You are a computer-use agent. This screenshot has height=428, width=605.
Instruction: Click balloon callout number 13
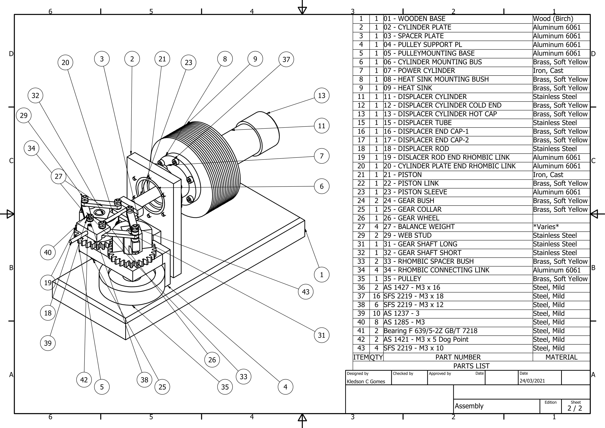[321, 96]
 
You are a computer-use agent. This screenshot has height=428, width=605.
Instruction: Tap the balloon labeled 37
[286, 60]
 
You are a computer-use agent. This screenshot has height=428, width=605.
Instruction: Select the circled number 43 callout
[306, 292]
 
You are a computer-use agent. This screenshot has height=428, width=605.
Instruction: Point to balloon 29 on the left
[24, 115]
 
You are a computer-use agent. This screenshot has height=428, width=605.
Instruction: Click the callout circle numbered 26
[212, 360]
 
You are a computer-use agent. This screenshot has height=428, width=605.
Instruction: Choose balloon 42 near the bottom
[84, 380]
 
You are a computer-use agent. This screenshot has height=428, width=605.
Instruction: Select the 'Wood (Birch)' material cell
[553, 19]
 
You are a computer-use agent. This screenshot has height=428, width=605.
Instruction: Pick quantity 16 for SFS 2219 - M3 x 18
[376, 296]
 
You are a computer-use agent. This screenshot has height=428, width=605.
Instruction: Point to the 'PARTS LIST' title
[471, 366]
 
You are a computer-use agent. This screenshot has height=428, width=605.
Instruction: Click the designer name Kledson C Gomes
[366, 381]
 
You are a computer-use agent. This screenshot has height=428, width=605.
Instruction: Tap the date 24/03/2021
[532, 381]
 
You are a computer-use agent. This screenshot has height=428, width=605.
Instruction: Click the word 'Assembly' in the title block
[469, 406]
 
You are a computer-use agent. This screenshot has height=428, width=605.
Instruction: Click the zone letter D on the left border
[11, 54]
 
